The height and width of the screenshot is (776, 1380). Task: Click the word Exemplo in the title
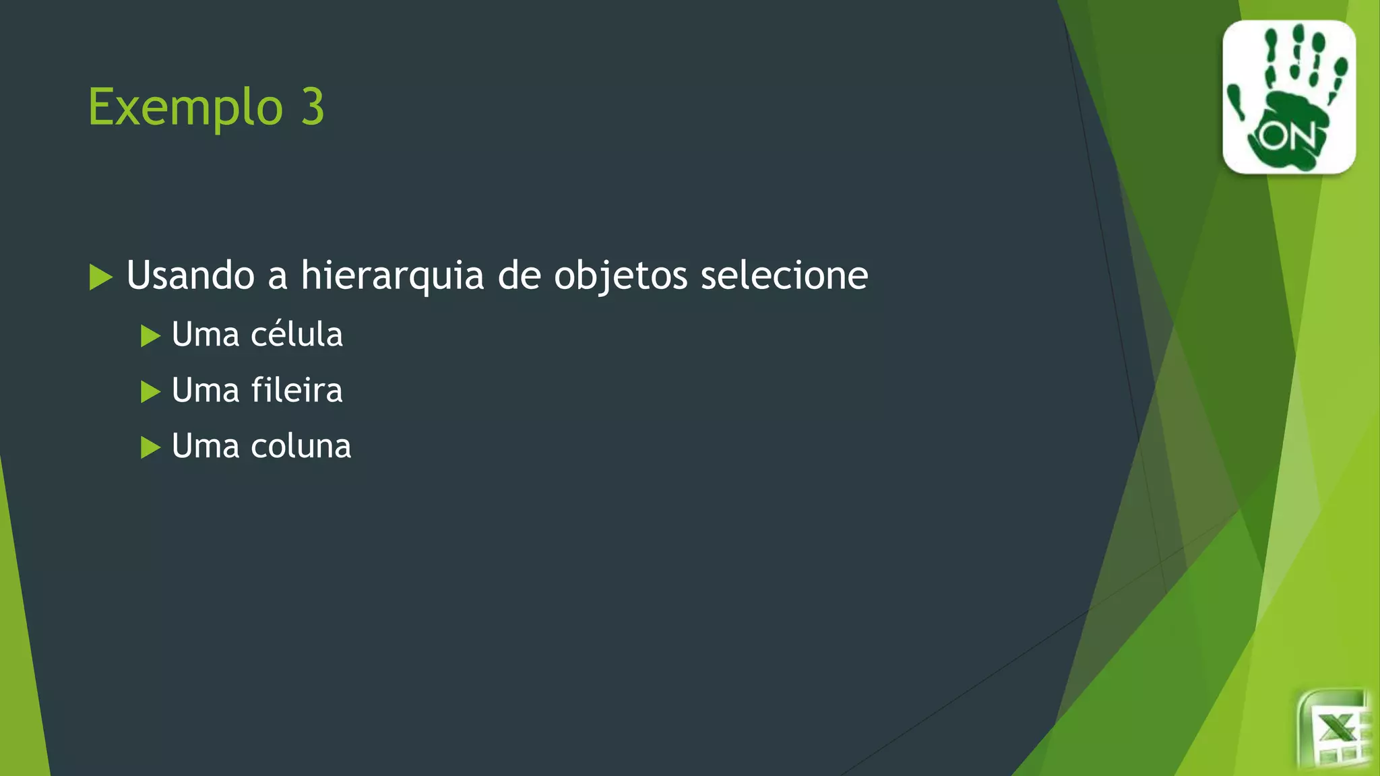pyautogui.click(x=185, y=108)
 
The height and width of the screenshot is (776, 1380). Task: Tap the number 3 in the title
pyautogui.click(x=313, y=106)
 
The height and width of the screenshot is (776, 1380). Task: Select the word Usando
pyautogui.click(x=191, y=276)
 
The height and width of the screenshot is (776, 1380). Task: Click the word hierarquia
pyautogui.click(x=392, y=276)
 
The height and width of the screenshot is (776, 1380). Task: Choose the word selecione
pyautogui.click(x=784, y=276)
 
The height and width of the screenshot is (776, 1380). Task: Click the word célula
pyautogui.click(x=296, y=334)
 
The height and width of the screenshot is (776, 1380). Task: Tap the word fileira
pyautogui.click(x=296, y=390)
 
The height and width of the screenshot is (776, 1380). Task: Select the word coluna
pyautogui.click(x=301, y=446)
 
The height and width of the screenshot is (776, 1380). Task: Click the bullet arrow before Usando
pyautogui.click(x=100, y=278)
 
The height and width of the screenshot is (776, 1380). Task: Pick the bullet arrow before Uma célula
pyautogui.click(x=150, y=335)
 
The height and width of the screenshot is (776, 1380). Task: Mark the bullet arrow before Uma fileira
pyautogui.click(x=150, y=391)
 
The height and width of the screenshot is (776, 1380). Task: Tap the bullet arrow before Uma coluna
pyautogui.click(x=150, y=447)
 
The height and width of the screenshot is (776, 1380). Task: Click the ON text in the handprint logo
pyautogui.click(x=1288, y=137)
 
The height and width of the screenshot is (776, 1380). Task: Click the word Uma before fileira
pyautogui.click(x=205, y=391)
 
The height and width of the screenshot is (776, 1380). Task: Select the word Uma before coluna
pyautogui.click(x=205, y=447)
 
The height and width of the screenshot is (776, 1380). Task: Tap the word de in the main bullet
pyautogui.click(x=519, y=276)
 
